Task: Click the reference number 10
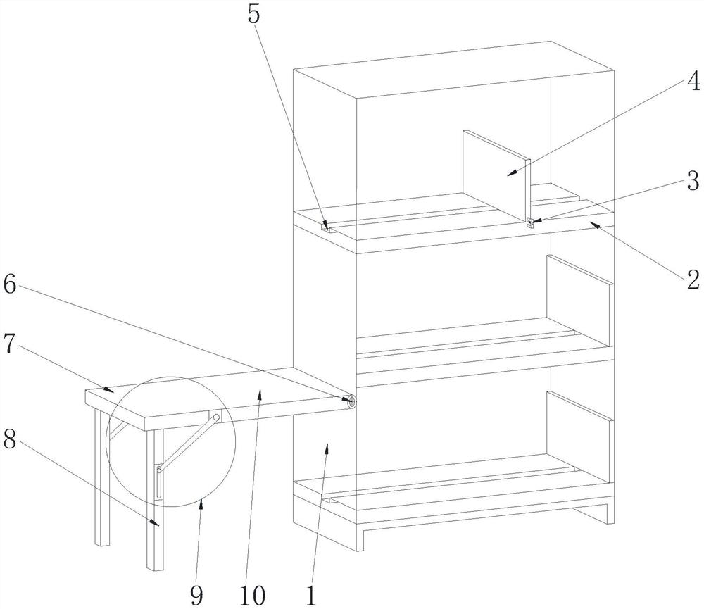coord(253,594)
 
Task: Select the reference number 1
coord(310,594)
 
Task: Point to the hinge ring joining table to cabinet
coord(349,401)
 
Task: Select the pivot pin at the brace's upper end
coord(217,417)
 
